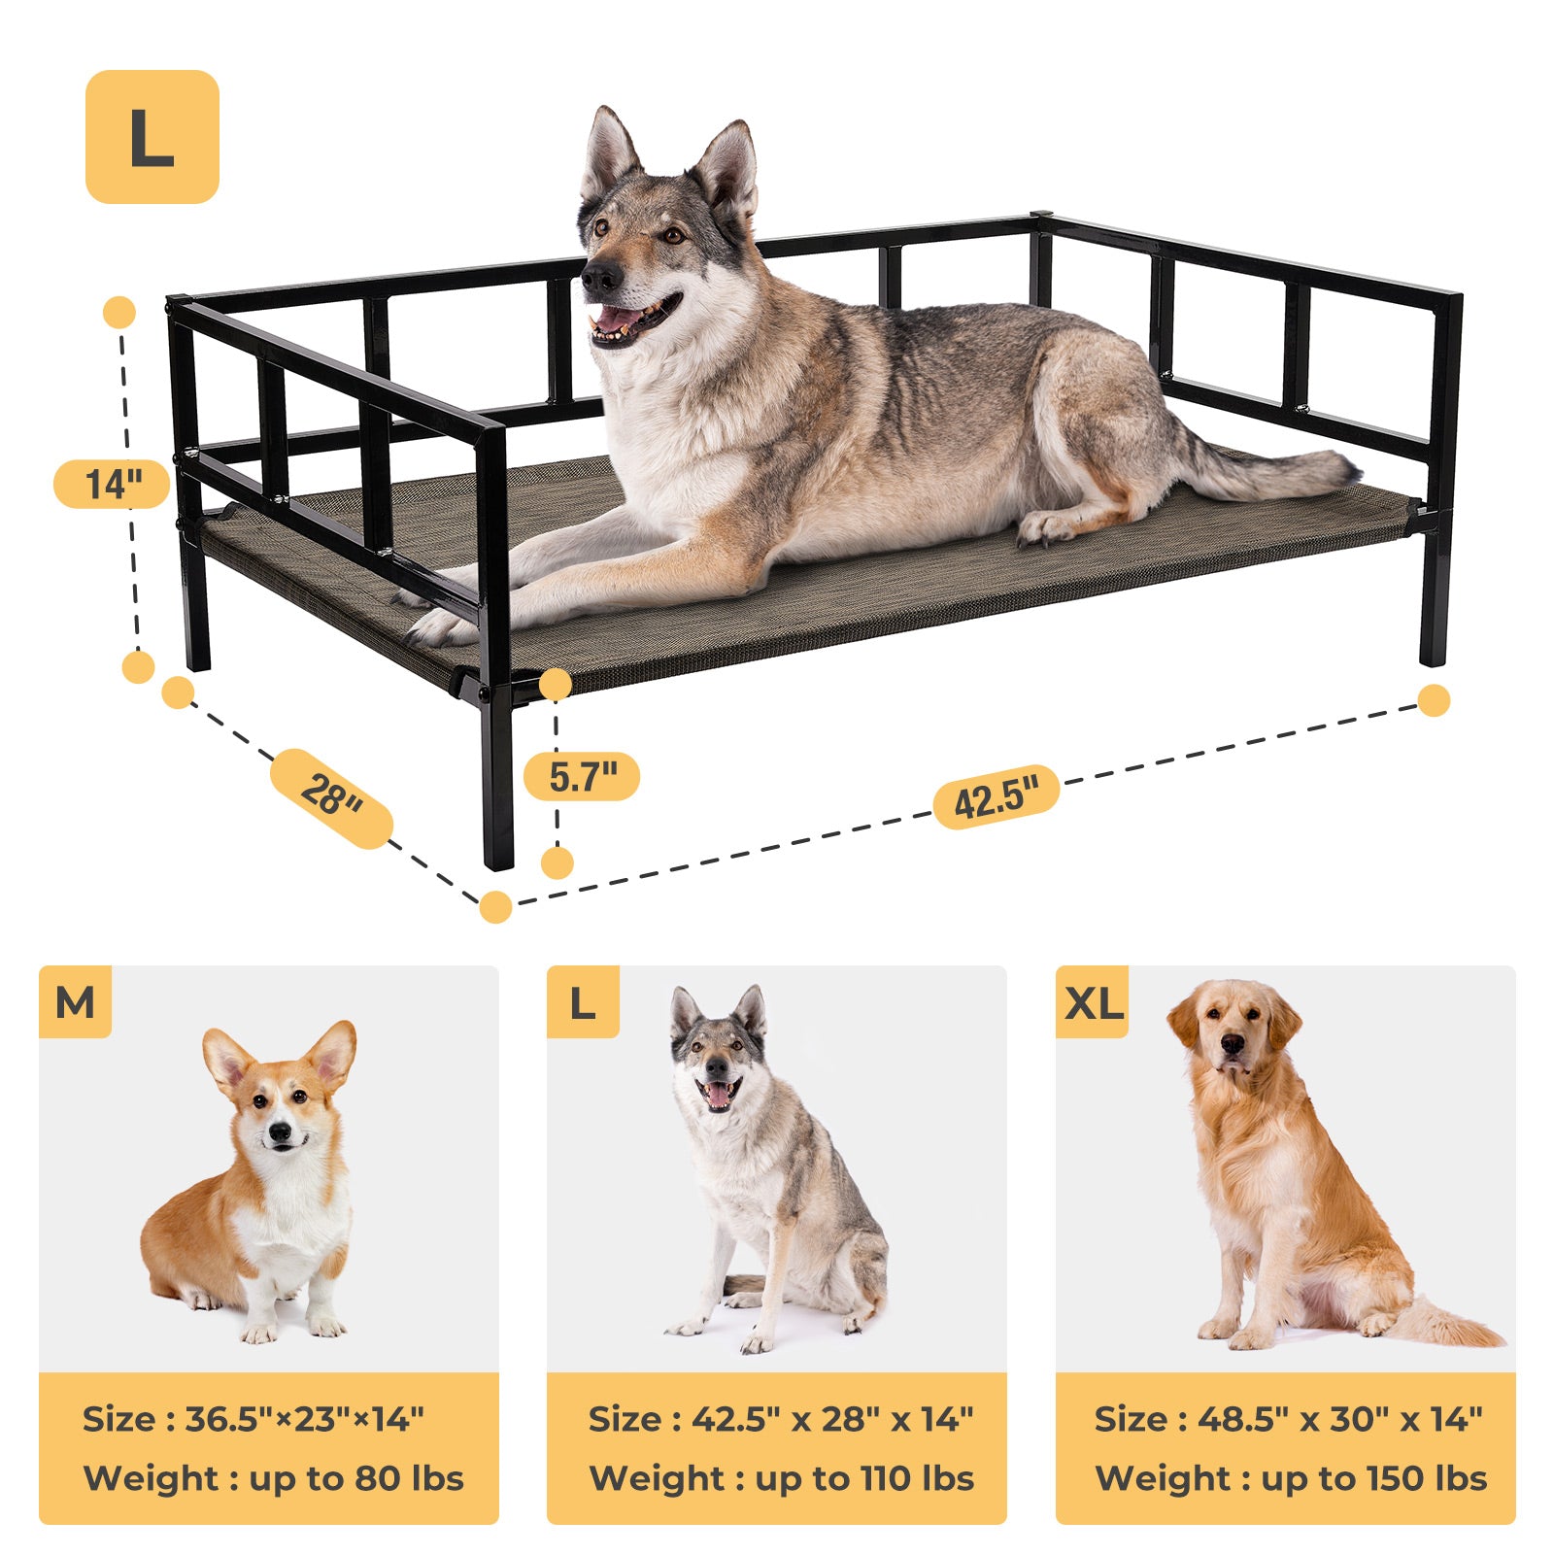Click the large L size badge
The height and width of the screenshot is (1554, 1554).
(x=152, y=137)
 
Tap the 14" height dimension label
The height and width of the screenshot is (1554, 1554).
(x=113, y=484)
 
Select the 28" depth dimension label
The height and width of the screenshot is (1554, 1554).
(x=331, y=797)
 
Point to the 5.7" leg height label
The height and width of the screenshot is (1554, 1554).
(x=582, y=777)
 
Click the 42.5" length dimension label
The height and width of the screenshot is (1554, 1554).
(x=996, y=797)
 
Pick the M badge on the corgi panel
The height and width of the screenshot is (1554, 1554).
(x=76, y=1002)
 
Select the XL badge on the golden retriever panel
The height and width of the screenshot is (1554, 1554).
(x=1093, y=1002)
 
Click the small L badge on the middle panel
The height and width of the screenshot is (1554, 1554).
(x=583, y=1002)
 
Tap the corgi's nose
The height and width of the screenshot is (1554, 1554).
(x=280, y=1132)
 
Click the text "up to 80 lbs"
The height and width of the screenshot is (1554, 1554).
(x=356, y=1478)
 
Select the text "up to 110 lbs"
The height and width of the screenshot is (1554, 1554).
(x=864, y=1478)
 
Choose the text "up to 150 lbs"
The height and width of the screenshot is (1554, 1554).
(x=1374, y=1478)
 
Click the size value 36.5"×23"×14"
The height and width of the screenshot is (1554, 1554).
(x=304, y=1419)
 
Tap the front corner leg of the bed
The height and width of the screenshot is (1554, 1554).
(x=496, y=777)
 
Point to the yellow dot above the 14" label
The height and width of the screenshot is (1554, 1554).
(x=119, y=313)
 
